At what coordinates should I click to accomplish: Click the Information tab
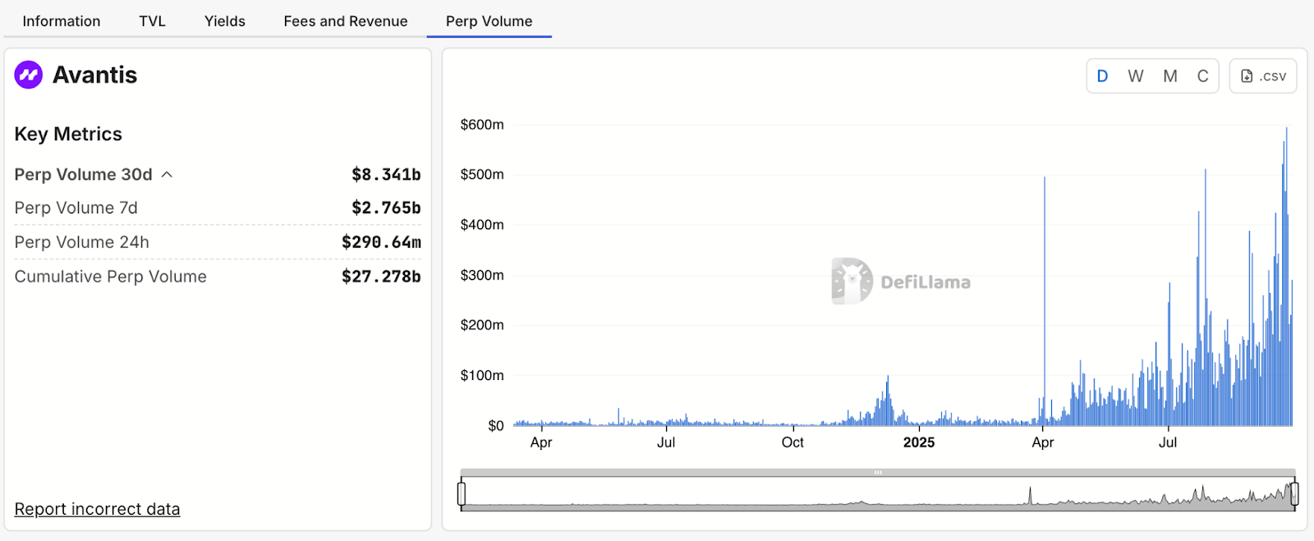click(62, 21)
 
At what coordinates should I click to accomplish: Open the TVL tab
click(152, 21)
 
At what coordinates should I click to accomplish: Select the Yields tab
click(225, 21)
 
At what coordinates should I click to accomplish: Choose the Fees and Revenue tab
click(346, 21)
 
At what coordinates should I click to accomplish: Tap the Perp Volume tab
click(489, 21)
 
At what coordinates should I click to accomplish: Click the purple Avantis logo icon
click(29, 75)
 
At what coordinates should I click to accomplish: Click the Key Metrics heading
click(68, 134)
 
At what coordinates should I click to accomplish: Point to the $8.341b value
click(386, 174)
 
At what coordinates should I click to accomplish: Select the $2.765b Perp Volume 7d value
click(386, 208)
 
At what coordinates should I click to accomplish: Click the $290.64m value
click(381, 242)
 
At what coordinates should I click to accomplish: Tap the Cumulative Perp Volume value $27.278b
click(381, 277)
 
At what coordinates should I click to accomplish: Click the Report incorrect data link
click(97, 509)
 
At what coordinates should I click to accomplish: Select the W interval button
click(1136, 76)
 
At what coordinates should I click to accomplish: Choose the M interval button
click(1170, 76)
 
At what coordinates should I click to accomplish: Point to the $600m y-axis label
click(482, 125)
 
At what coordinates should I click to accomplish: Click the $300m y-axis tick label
click(482, 275)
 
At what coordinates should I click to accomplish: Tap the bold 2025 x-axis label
click(919, 442)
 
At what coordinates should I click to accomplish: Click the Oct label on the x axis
click(793, 442)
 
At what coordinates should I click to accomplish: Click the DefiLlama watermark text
click(926, 282)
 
